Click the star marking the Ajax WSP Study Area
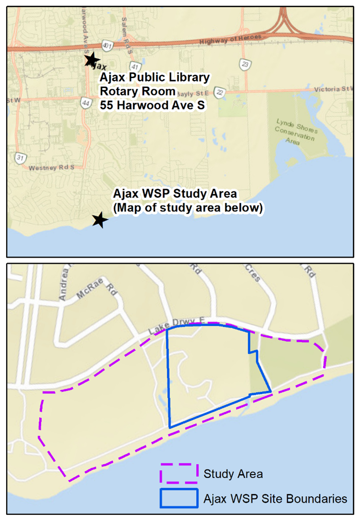[x=99, y=219]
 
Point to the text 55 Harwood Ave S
[x=152, y=105]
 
